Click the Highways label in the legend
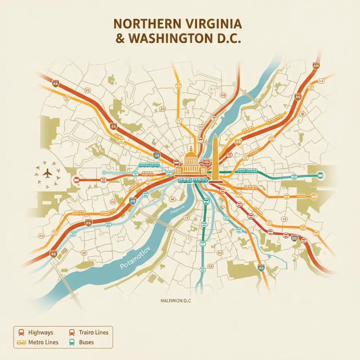[x=41, y=333]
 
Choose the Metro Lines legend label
[x=44, y=342]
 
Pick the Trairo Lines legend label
[x=94, y=333]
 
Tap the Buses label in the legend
[x=86, y=342]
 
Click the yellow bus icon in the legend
[x=21, y=343]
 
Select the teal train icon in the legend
[x=71, y=343]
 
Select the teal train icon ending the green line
[x=320, y=175]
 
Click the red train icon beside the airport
[x=76, y=180]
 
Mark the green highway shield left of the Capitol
[x=156, y=156]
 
